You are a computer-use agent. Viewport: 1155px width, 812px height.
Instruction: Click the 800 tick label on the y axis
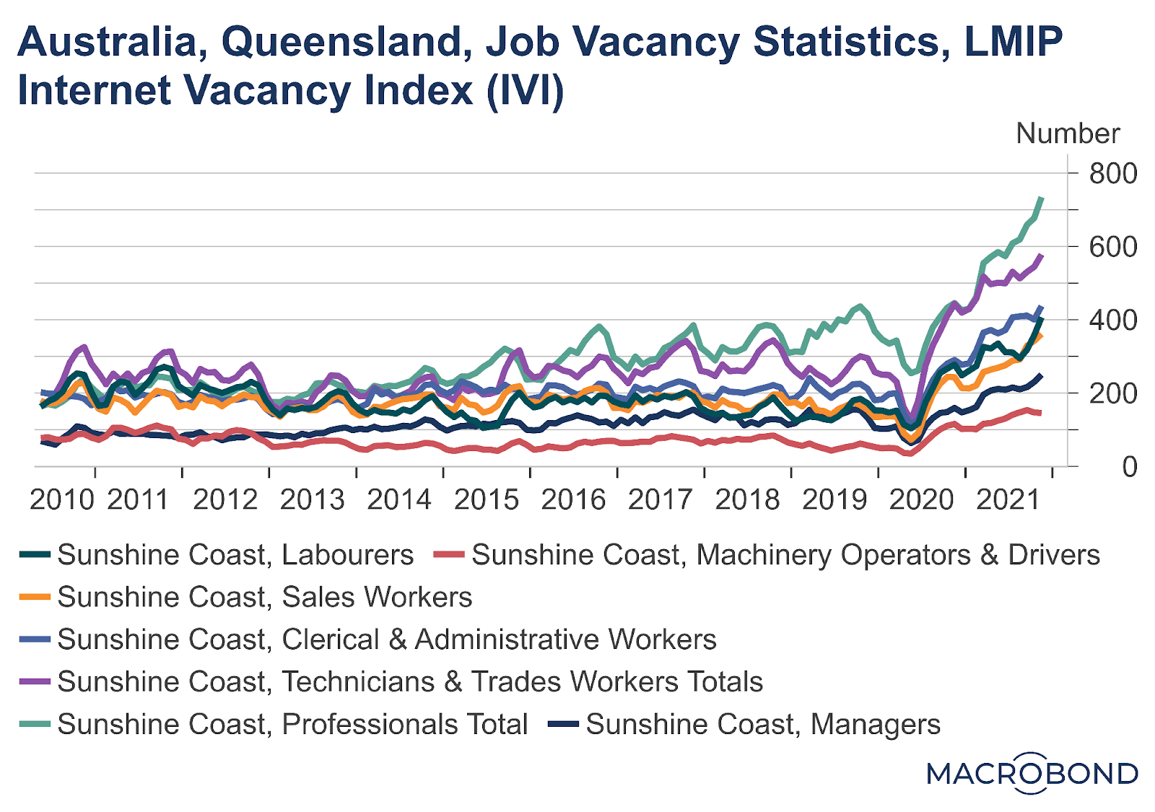(1112, 174)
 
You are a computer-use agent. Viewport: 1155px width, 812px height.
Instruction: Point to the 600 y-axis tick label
(1112, 248)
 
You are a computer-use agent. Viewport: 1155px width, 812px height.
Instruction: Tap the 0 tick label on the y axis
(1130, 467)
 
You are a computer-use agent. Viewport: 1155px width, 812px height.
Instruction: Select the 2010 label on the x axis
(62, 499)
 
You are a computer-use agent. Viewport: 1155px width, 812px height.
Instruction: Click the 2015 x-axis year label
(487, 499)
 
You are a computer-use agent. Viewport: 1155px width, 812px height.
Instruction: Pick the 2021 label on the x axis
(1008, 499)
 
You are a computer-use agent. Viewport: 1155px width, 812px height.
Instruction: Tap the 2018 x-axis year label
(747, 499)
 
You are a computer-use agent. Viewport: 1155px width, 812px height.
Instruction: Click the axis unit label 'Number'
(1068, 134)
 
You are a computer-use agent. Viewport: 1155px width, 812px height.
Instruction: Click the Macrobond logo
(1032, 774)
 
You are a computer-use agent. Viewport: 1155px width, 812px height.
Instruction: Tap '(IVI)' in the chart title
(526, 91)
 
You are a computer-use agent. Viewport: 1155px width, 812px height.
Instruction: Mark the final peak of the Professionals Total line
(1041, 198)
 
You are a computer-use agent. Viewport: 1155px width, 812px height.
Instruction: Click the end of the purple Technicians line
(1041, 255)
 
